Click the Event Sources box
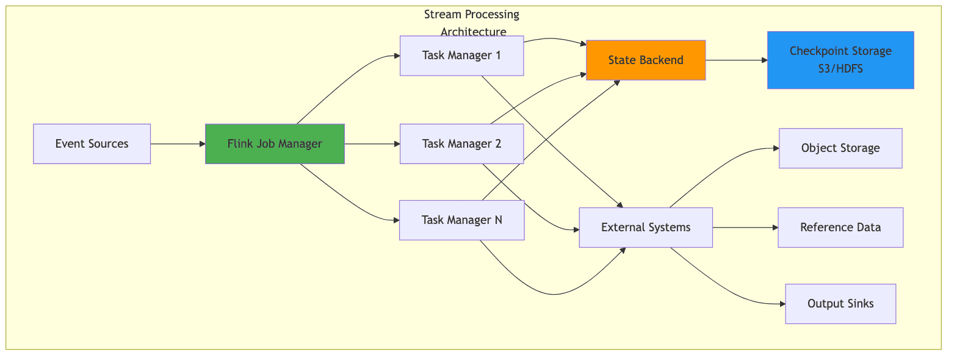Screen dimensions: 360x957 [x=92, y=144]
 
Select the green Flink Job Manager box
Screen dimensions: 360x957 [x=275, y=144]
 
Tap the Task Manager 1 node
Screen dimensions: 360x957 [x=461, y=56]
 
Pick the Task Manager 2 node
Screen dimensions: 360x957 [x=461, y=144]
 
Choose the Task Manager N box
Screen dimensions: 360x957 [x=461, y=220]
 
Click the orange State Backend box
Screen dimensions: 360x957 [x=646, y=60]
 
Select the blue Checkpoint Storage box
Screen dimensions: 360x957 [x=840, y=60]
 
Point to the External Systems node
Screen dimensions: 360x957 [x=646, y=228]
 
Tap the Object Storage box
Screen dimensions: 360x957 [x=840, y=148]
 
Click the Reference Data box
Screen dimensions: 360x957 [x=840, y=228]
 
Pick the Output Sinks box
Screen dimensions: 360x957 [x=840, y=303]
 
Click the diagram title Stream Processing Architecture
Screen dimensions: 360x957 [x=472, y=23]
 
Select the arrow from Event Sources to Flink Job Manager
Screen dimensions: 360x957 [x=177, y=144]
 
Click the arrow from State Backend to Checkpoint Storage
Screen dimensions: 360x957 [x=735, y=60]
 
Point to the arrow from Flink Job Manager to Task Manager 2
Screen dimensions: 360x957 [x=371, y=144]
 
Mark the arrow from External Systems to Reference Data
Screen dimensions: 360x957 [x=745, y=228]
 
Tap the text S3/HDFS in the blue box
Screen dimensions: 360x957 [x=840, y=69]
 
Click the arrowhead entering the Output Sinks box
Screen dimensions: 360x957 [x=781, y=303]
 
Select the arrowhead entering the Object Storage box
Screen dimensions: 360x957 [x=775, y=148]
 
